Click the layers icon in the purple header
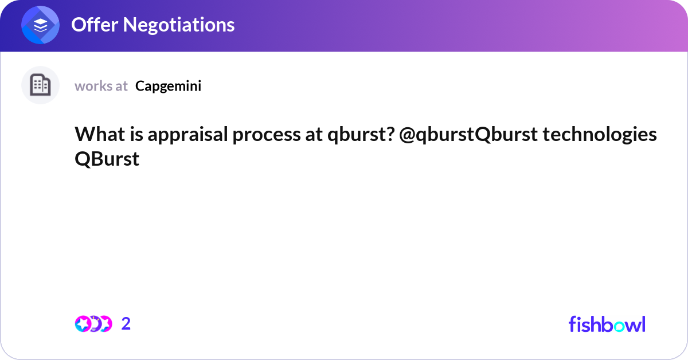click(40, 25)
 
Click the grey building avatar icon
click(40, 85)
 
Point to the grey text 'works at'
click(101, 86)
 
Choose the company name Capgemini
click(168, 86)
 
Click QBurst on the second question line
click(107, 159)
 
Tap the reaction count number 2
click(126, 324)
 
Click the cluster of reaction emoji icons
click(93, 324)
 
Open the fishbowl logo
click(607, 324)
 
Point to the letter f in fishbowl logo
click(572, 324)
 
